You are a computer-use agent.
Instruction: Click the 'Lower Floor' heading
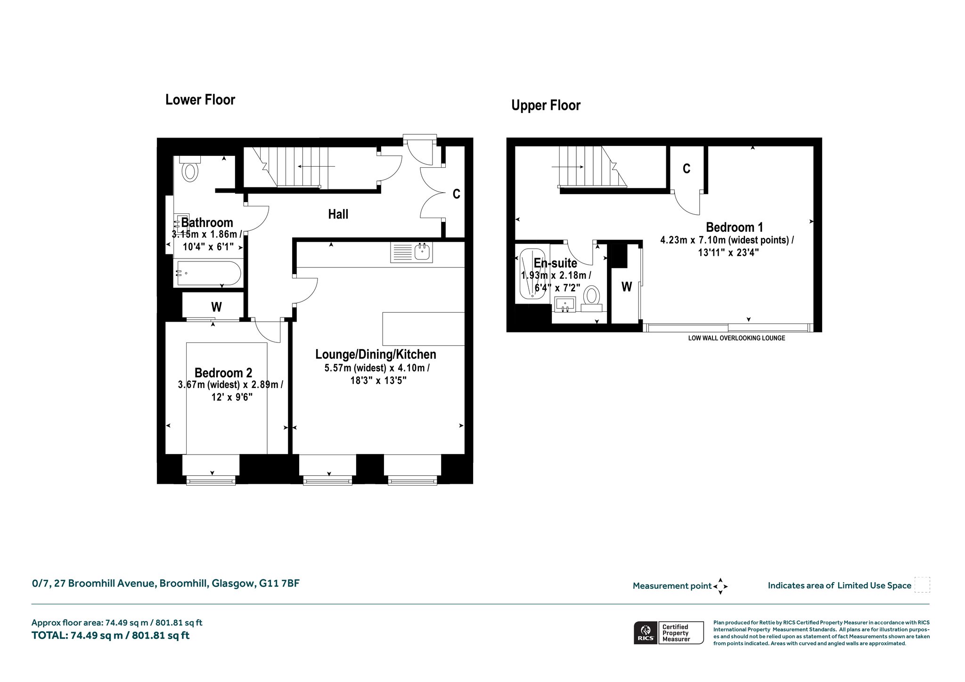200,100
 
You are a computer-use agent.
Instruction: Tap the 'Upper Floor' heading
546,106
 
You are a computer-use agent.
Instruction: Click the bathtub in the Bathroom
208,273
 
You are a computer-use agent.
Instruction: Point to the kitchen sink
423,252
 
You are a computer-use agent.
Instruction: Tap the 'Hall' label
338,215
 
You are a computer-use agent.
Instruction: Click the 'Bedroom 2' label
223,373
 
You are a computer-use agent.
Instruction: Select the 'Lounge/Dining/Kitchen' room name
376,354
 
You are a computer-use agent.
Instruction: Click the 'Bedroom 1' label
734,227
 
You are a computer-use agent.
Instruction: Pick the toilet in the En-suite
591,298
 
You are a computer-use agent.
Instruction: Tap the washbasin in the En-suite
565,304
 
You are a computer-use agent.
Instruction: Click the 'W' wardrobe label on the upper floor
626,286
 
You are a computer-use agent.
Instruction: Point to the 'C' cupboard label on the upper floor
687,169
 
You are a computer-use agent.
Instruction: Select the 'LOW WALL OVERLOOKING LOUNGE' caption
736,338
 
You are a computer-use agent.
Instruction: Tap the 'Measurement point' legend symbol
720,586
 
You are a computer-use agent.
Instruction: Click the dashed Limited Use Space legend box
922,585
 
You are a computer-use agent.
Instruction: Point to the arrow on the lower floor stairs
316,166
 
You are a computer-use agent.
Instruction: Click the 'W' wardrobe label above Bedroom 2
216,307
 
